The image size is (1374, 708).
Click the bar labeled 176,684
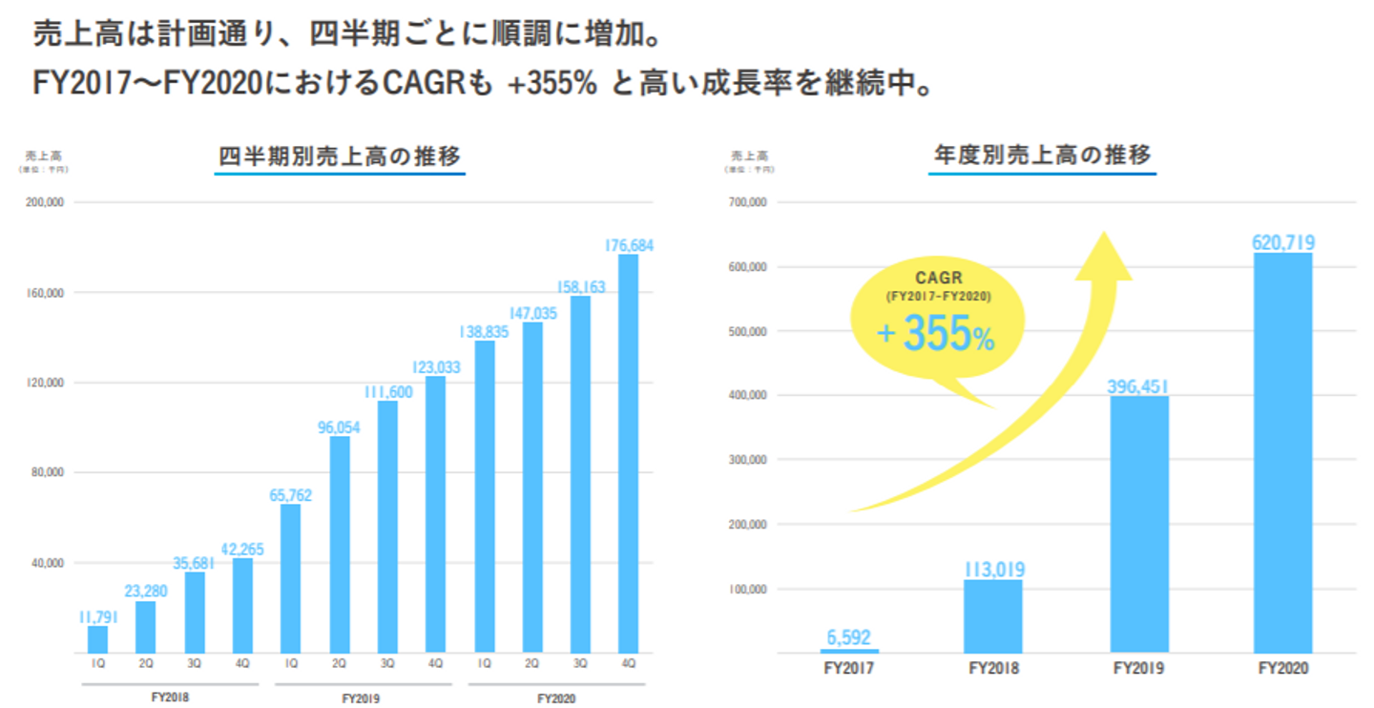point(628,453)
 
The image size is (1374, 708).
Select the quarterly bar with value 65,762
point(290,577)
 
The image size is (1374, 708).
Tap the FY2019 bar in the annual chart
point(1139,524)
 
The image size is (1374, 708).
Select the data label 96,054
point(339,427)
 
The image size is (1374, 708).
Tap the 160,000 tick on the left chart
point(44,293)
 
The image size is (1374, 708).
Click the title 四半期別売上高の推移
point(340,156)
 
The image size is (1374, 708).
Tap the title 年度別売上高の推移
point(1042,155)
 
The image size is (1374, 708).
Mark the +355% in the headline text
point(552,84)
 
